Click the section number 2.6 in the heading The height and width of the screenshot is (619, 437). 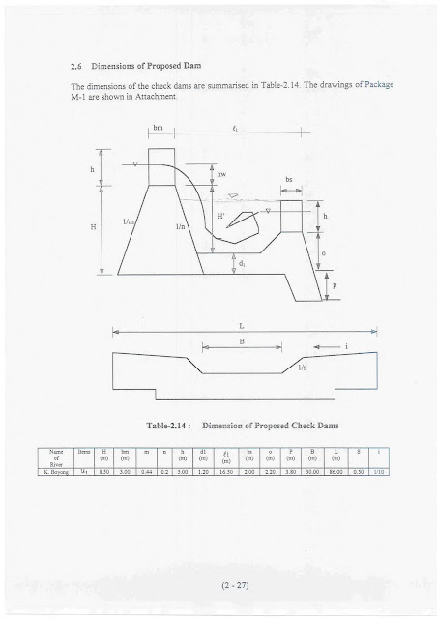pyautogui.click(x=66, y=69)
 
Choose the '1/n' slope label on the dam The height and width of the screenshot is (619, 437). pyautogui.click(x=181, y=226)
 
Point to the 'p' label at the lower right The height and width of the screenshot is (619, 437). pyautogui.click(x=335, y=286)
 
